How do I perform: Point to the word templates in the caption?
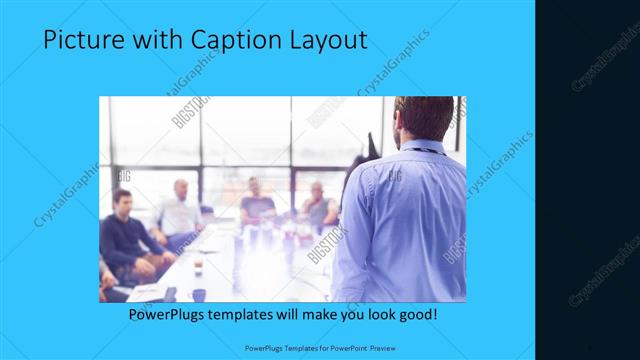(255, 314)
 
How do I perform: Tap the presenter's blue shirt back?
(405, 220)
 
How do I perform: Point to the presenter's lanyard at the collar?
(428, 149)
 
